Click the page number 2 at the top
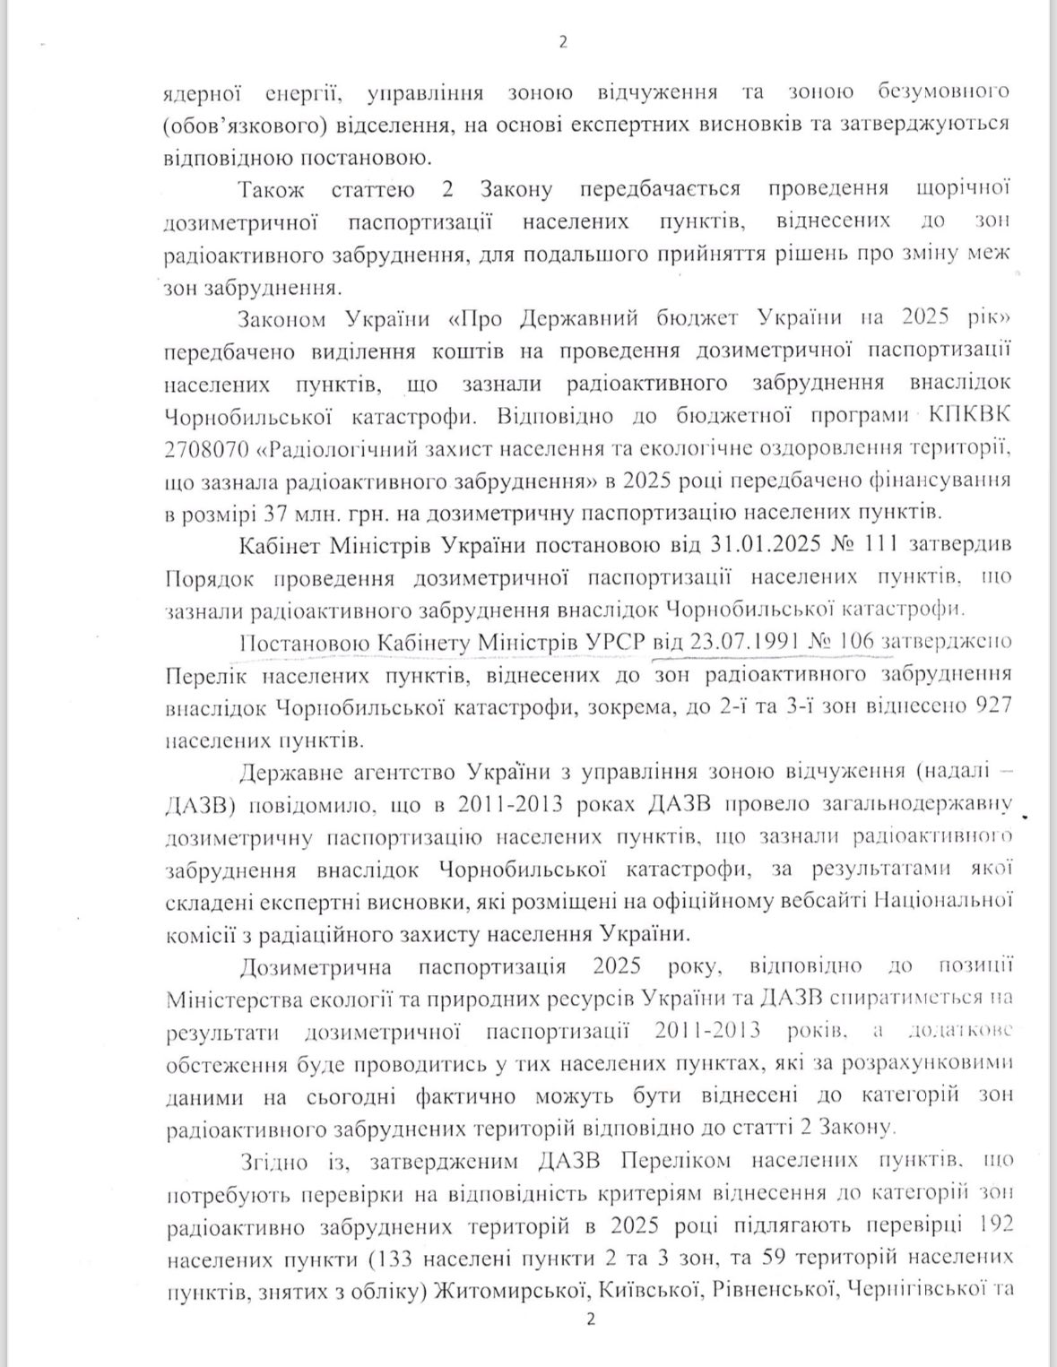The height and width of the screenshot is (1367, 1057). tap(563, 41)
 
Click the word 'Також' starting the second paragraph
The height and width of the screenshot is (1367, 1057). tap(273, 189)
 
